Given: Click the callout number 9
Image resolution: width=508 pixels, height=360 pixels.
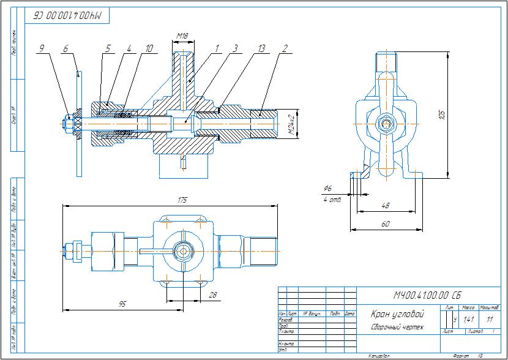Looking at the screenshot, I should tap(42, 48).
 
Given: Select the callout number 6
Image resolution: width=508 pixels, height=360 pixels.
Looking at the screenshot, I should tap(65, 48).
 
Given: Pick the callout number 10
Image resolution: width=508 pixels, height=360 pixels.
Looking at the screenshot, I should tap(129, 48).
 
